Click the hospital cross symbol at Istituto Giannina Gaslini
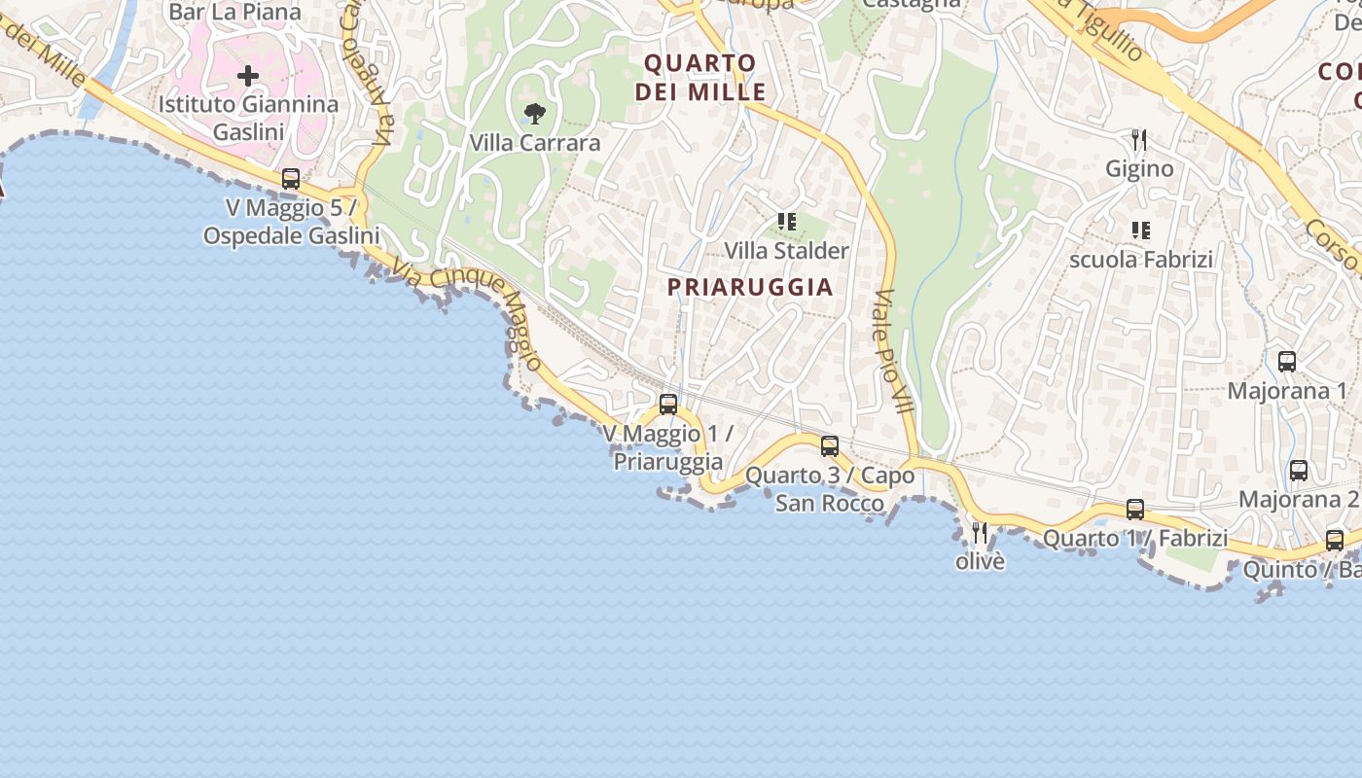click(x=248, y=75)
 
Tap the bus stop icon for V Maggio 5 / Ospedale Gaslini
click(x=291, y=179)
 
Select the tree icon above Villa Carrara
click(x=534, y=114)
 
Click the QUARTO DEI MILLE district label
click(x=700, y=78)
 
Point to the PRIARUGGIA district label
click(x=750, y=287)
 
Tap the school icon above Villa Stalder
click(x=787, y=222)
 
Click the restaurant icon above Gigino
click(x=1139, y=140)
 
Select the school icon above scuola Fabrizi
click(x=1141, y=230)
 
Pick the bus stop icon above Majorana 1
click(x=1287, y=362)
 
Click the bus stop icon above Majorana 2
click(x=1299, y=471)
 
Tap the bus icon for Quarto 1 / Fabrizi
click(x=1135, y=509)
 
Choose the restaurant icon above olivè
click(x=980, y=532)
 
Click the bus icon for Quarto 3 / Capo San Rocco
click(x=830, y=446)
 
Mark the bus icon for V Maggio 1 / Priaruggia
click(x=668, y=405)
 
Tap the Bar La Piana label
click(x=235, y=12)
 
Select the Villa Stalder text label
click(x=787, y=251)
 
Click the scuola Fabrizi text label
click(x=1141, y=260)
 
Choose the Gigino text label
click(x=1139, y=169)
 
